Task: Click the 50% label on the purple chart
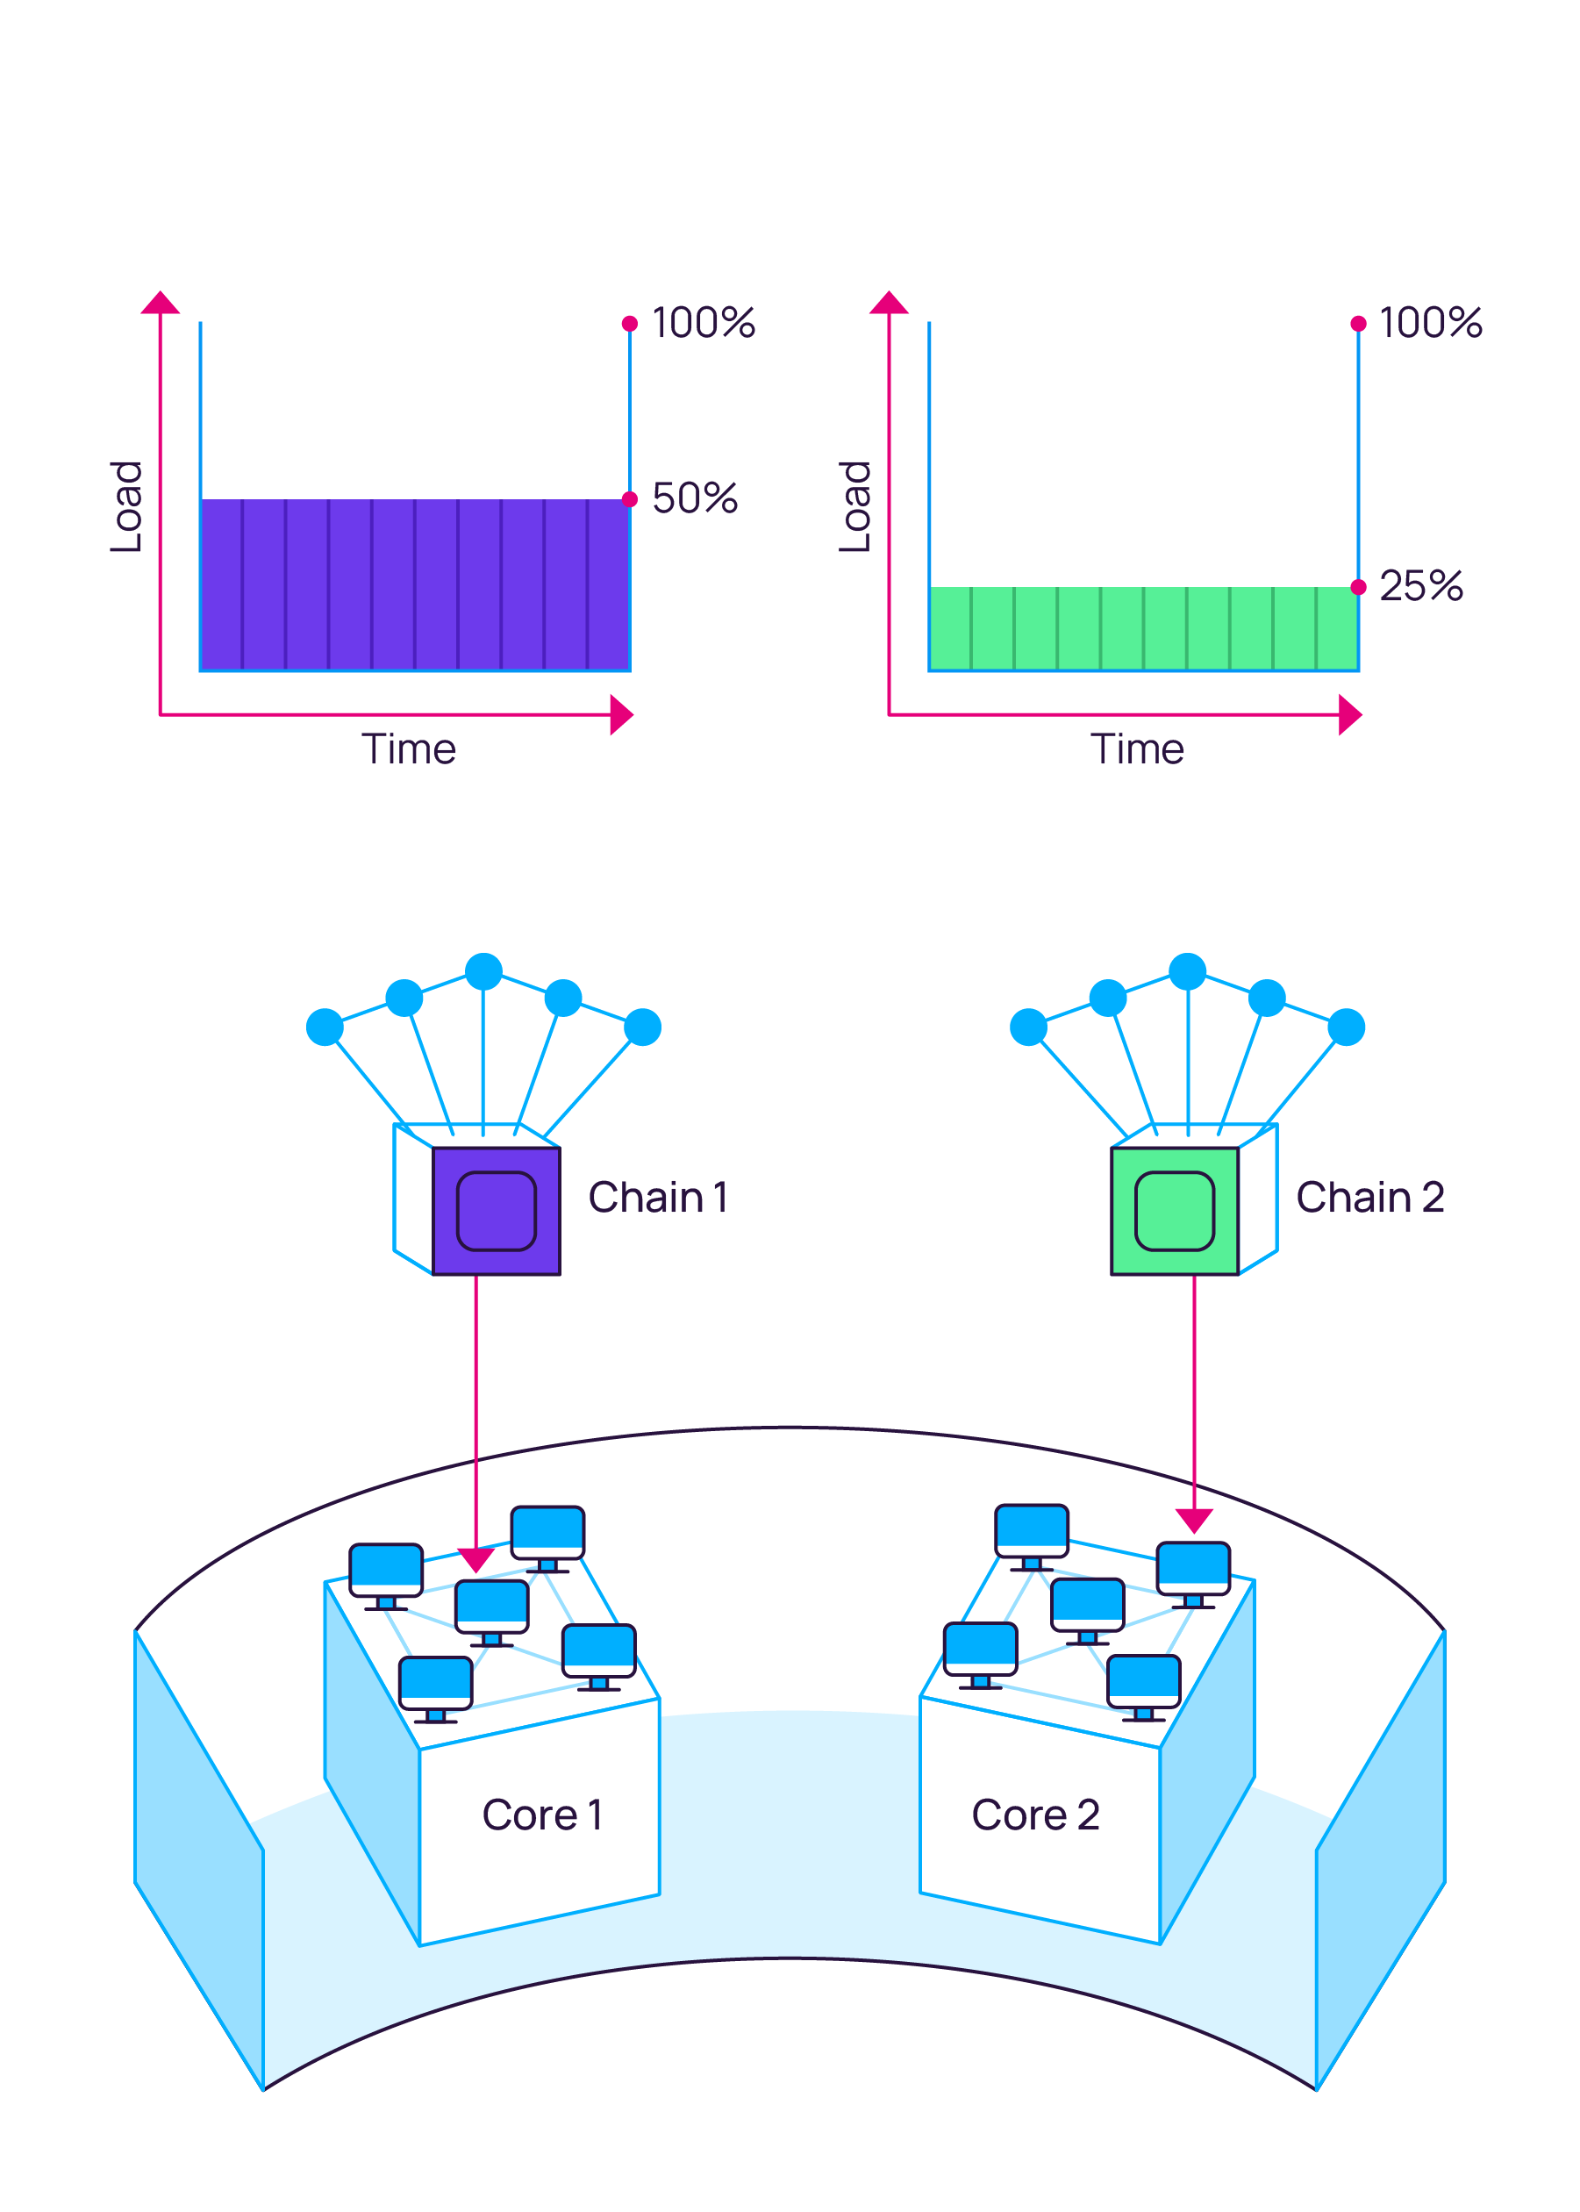point(694,498)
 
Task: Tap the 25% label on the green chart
point(1420,586)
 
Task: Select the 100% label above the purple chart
point(703,323)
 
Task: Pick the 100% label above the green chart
point(1430,323)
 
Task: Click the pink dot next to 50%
point(630,499)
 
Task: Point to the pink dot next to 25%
point(1358,587)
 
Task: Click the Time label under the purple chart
point(409,749)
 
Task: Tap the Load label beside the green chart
point(854,507)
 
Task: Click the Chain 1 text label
point(658,1197)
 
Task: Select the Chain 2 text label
point(1369,1197)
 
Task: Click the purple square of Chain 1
point(497,1211)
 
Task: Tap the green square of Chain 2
point(1175,1211)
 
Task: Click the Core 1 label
point(542,1815)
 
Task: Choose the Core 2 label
point(1035,1815)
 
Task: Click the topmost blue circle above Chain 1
point(483,971)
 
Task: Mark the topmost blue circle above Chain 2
point(1187,971)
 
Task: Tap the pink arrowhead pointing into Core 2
point(1194,1520)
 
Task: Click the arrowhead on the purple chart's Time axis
point(621,715)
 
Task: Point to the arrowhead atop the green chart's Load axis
point(889,303)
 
